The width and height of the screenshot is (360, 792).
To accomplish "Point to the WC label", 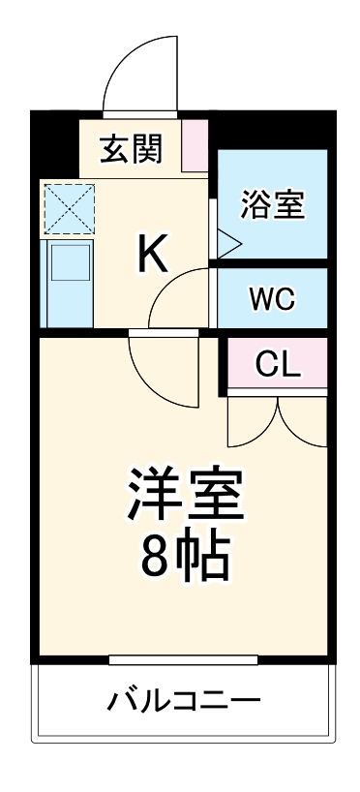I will point(273,298).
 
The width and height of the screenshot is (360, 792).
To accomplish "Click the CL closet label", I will point(279,364).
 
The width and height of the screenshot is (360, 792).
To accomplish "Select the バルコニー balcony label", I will point(183,700).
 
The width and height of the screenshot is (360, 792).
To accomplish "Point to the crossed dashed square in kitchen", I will point(69,207).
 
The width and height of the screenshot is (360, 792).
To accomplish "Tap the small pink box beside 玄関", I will point(195,141).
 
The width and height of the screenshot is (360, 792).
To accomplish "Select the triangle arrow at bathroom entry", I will point(225,243).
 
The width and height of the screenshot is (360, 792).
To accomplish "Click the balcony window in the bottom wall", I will point(183,660).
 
